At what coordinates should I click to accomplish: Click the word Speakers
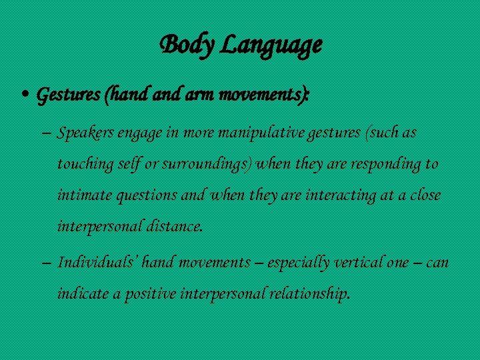click(86, 133)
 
